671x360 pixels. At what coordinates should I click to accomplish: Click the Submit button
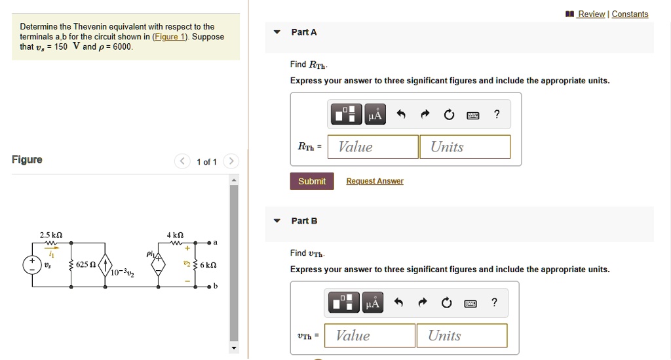pos(312,181)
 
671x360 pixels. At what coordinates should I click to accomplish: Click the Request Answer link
pos(374,181)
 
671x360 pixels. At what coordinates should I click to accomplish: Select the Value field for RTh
pos(373,147)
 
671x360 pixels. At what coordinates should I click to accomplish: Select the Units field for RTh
pos(465,147)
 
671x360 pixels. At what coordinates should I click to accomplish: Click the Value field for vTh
pos(370,336)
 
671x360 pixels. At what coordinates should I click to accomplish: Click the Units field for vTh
pos(462,336)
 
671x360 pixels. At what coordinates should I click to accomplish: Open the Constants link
pos(630,14)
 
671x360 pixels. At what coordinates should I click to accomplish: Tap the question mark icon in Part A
pos(497,115)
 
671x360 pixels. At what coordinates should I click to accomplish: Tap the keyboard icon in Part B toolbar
pos(470,303)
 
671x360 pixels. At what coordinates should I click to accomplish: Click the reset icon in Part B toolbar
pos(446,303)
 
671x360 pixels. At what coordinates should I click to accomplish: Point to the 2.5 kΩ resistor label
pos(51,235)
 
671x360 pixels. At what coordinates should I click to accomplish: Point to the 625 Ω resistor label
pos(86,264)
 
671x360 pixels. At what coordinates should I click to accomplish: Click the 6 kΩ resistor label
pos(208,265)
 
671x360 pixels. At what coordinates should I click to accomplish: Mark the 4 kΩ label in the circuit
pos(175,235)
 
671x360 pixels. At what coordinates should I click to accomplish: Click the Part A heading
pos(304,32)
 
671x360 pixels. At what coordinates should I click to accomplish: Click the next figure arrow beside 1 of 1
pos(231,161)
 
